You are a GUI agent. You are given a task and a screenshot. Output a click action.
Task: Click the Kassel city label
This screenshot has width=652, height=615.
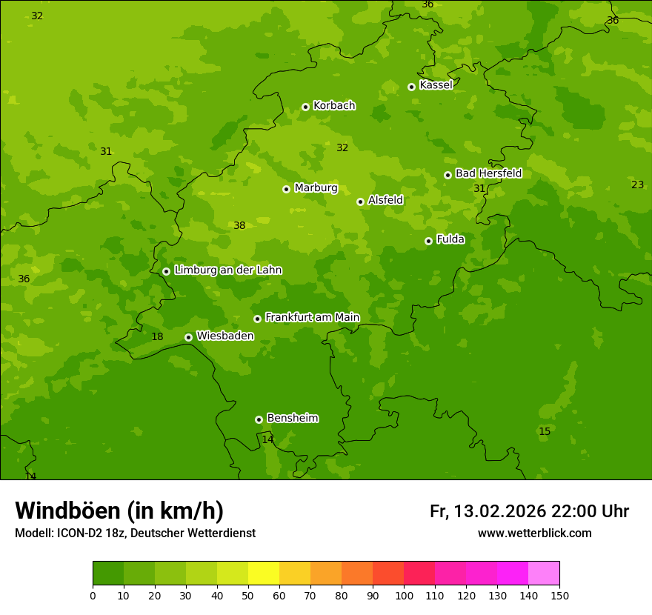(x=436, y=85)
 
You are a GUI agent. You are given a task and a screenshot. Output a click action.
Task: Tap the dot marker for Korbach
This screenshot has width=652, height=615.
(x=305, y=107)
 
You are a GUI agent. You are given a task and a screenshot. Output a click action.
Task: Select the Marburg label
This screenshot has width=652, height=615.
(x=316, y=188)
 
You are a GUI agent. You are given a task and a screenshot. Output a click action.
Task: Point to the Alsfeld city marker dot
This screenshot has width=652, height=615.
(x=360, y=202)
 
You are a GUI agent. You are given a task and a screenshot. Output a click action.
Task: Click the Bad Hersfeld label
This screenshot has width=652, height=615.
(x=488, y=173)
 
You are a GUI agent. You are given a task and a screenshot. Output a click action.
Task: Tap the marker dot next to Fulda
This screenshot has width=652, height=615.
(x=428, y=241)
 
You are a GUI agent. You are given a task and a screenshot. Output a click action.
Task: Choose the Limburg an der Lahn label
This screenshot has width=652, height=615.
(x=227, y=270)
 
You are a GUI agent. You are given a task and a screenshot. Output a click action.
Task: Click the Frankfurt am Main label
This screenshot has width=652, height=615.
(x=312, y=318)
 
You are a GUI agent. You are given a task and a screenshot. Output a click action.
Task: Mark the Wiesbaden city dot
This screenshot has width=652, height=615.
(x=188, y=337)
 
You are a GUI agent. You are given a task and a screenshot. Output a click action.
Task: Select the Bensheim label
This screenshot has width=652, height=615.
(x=292, y=419)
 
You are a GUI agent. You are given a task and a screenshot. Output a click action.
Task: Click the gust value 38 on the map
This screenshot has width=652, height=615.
(x=239, y=226)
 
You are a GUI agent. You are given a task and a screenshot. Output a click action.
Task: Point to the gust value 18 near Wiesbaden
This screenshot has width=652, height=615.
(x=157, y=337)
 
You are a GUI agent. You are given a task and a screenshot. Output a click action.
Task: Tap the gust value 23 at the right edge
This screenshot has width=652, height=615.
(x=637, y=185)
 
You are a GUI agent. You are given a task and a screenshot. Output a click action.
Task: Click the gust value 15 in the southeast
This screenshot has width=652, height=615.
(x=545, y=432)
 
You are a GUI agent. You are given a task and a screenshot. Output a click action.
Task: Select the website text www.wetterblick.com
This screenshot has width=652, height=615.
(x=534, y=533)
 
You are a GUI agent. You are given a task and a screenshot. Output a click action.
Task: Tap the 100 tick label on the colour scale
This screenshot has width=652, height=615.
(x=404, y=595)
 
